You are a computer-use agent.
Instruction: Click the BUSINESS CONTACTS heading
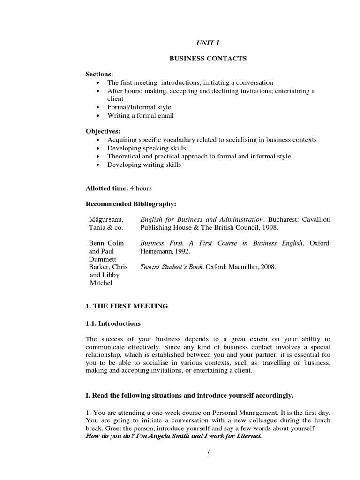207,59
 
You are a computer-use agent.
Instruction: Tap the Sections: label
99,74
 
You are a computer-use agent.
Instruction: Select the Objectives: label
103,131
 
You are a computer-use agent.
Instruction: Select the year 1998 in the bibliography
269,228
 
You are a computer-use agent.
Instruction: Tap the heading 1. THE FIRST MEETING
127,306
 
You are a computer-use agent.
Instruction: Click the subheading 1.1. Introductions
113,323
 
